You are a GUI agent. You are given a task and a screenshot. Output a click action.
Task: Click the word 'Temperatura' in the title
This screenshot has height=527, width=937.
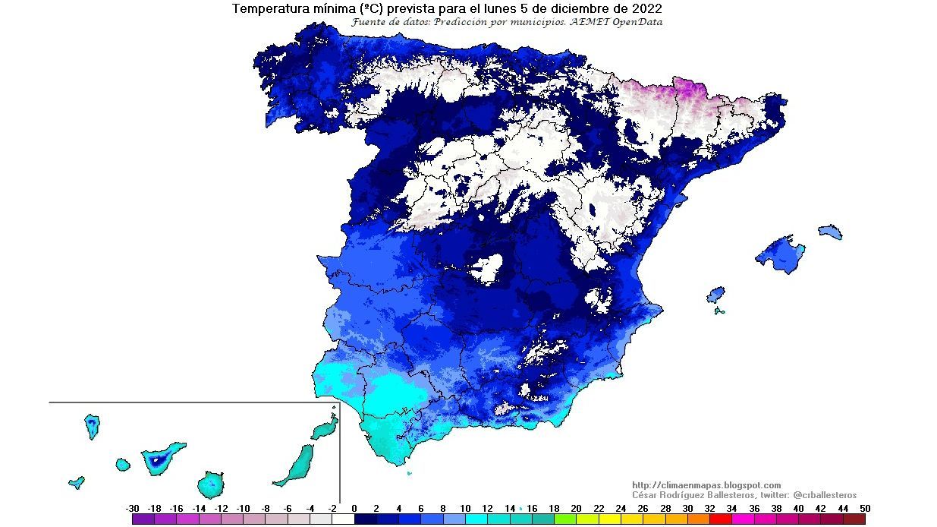pos(266,9)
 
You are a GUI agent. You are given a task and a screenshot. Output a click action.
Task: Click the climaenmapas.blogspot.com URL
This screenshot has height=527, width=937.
pos(706,485)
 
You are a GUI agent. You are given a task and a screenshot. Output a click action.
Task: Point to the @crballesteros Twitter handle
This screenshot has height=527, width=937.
pos(825,495)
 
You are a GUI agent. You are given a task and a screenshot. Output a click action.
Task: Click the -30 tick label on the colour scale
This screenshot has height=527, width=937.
pos(132,508)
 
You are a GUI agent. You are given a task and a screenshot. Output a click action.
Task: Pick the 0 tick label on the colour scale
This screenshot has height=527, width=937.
pos(354,508)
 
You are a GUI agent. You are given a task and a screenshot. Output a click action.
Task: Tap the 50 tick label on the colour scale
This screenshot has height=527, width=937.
pos(865,508)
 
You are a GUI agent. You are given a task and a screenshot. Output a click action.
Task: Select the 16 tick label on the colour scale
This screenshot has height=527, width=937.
pos(532,508)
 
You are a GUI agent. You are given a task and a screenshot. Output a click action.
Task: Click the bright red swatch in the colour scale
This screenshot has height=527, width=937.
pos(720,519)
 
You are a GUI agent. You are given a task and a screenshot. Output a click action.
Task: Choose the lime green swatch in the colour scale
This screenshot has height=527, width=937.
pos(565,519)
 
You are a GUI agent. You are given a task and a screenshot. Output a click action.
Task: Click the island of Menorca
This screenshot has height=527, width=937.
pos(830,232)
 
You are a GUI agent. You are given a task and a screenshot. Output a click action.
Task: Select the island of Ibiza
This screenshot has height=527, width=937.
pos(715,294)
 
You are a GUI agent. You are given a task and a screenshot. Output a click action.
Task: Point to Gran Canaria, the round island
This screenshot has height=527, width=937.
pos(210,483)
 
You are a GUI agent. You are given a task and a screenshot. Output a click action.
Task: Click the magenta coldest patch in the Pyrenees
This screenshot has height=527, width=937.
pos(687,89)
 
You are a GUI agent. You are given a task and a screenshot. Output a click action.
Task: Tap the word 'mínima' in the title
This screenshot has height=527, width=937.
pos(325,9)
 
